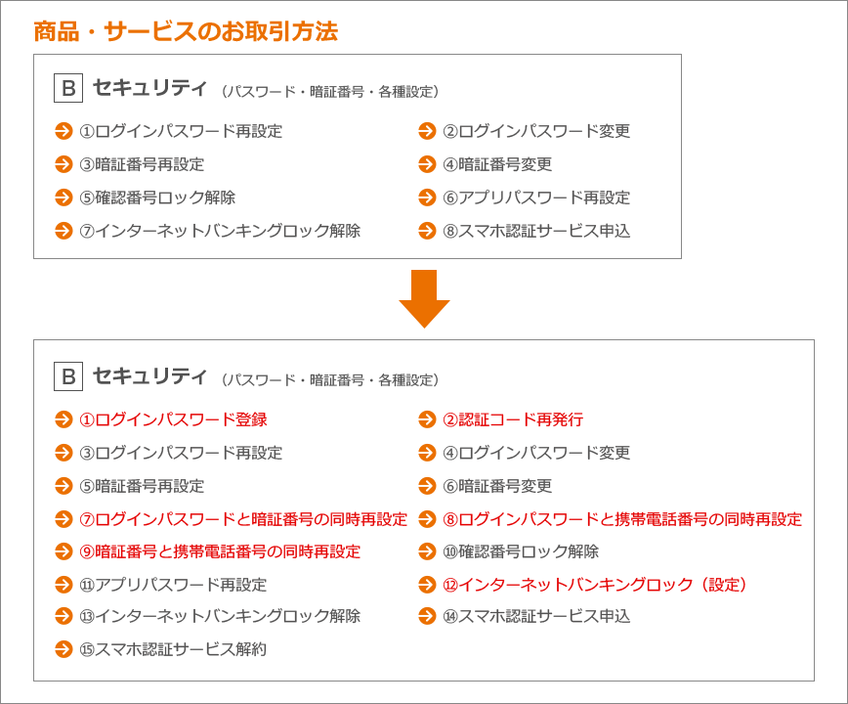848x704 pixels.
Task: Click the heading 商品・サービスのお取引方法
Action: (186, 31)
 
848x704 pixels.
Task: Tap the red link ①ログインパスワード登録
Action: (174, 419)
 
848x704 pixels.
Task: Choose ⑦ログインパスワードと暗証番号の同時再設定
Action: (243, 519)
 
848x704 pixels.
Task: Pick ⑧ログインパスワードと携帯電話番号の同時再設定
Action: (622, 519)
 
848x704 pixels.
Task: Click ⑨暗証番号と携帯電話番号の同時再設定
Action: (220, 552)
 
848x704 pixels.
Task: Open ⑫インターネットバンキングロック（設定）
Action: (595, 585)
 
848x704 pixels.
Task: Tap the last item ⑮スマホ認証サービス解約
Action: (173, 650)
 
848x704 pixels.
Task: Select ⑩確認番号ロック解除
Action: (521, 552)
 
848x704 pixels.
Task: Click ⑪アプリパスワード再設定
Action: (173, 585)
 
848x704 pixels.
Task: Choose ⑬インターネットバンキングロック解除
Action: (220, 617)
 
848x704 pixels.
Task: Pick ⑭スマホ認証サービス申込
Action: (536, 617)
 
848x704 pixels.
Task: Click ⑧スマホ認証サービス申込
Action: (536, 232)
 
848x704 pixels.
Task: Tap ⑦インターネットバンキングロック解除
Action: (220, 232)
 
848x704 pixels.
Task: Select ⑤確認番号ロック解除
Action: (157, 198)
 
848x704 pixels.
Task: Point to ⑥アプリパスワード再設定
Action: (536, 198)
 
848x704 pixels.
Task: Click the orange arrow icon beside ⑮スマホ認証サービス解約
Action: (64, 650)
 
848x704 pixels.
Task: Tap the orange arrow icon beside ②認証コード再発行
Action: (427, 419)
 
